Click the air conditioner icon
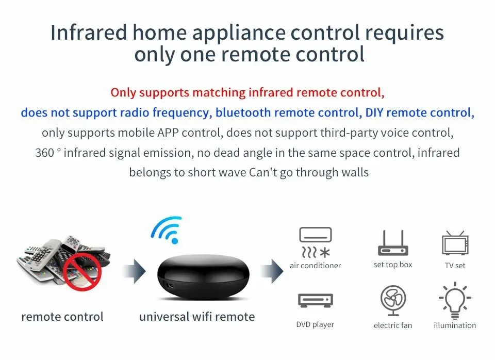coord(315,242)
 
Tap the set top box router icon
coord(392,243)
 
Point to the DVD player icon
coord(315,300)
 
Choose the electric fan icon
coord(393,301)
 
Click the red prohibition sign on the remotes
coord(82,271)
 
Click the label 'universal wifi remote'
coord(197,316)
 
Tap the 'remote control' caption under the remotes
coord(62,317)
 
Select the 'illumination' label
coord(455,325)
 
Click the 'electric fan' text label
coord(393,325)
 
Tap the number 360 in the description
coord(45,153)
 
